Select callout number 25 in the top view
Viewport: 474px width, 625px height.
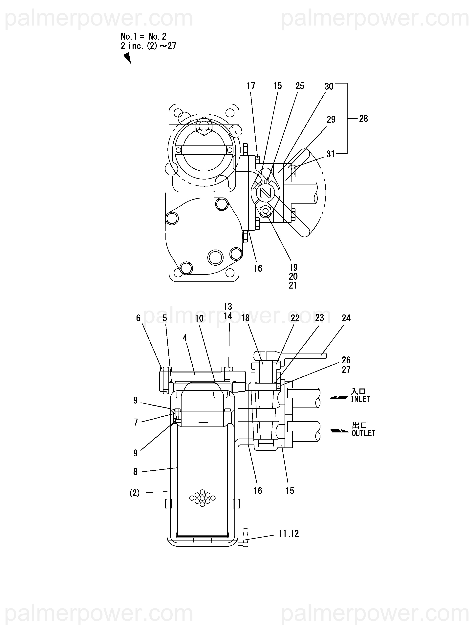(x=300, y=86)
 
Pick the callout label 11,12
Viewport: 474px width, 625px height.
(x=289, y=533)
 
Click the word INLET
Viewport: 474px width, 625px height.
(x=360, y=399)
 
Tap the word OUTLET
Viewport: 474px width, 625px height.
(x=363, y=433)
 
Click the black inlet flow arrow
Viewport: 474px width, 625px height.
(x=339, y=397)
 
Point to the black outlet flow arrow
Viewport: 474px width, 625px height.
(x=340, y=431)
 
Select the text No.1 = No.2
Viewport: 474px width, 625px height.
(x=143, y=36)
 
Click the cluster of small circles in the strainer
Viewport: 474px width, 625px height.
(x=202, y=498)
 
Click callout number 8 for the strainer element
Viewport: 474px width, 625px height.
(x=136, y=472)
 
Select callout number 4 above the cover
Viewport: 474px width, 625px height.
(x=185, y=338)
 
